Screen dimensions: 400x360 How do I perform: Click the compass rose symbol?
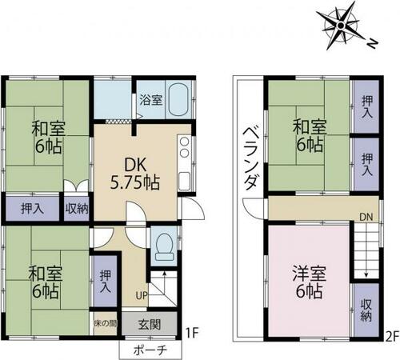click(341, 26)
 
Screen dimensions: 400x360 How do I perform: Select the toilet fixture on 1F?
click(164, 247)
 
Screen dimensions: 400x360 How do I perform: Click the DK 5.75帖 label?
click(135, 174)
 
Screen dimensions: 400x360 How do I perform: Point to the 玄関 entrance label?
click(150, 325)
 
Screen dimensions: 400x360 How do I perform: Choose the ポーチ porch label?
click(150, 350)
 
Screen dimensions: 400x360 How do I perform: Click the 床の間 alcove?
click(106, 323)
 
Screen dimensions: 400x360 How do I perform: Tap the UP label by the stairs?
click(142, 295)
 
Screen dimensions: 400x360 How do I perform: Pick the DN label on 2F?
click(366, 217)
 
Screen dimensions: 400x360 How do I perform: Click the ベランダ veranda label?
click(250, 158)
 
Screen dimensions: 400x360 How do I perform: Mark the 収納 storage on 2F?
click(366, 310)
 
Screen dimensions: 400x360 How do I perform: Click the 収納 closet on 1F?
click(77, 208)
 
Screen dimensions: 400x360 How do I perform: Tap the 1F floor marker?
click(191, 333)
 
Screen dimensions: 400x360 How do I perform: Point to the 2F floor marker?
click(392, 334)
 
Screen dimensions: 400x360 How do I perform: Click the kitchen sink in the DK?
click(184, 181)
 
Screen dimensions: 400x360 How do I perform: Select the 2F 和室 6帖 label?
click(310, 136)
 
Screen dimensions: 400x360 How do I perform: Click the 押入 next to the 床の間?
click(106, 282)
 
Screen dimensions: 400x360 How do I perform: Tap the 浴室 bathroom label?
click(151, 100)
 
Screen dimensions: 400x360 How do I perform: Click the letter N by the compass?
click(373, 43)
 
